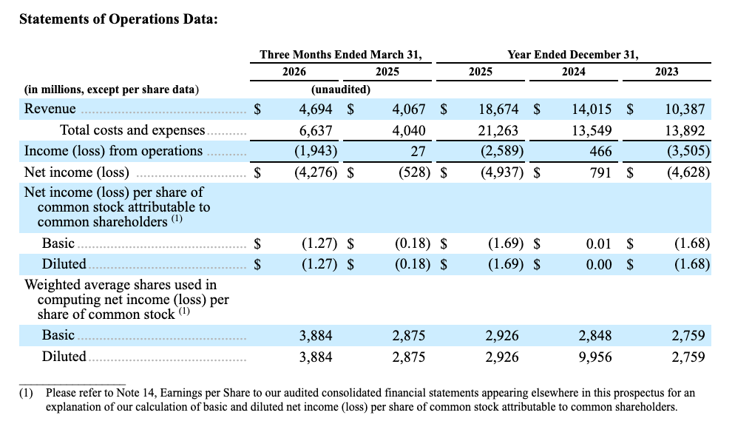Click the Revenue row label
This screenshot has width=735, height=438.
pyautogui.click(x=50, y=109)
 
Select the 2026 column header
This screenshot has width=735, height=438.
pyautogui.click(x=294, y=72)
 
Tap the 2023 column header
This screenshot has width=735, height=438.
pyautogui.click(x=666, y=72)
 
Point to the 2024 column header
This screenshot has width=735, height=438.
pyautogui.click(x=573, y=72)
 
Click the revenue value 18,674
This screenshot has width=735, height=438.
pyautogui.click(x=498, y=109)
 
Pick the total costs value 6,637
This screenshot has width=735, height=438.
pyautogui.click(x=316, y=130)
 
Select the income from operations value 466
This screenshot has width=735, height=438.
pyautogui.click(x=600, y=152)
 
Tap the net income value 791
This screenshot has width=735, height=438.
pyautogui.click(x=600, y=172)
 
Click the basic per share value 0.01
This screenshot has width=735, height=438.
pyautogui.click(x=599, y=244)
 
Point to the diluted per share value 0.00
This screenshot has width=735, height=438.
pyautogui.click(x=599, y=264)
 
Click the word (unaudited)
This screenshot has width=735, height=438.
pyautogui.click(x=341, y=90)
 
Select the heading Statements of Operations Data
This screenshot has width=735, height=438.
pyautogui.click(x=118, y=19)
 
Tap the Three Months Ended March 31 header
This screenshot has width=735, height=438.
pyautogui.click(x=341, y=55)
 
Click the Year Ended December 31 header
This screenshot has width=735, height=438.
pyautogui.click(x=573, y=55)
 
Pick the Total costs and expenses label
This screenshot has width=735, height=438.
pyautogui.click(x=132, y=130)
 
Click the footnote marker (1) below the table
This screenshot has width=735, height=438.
pyautogui.click(x=27, y=393)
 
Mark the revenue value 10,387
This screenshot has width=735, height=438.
pyautogui.click(x=685, y=109)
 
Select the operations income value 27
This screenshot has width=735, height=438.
pyautogui.click(x=418, y=152)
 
